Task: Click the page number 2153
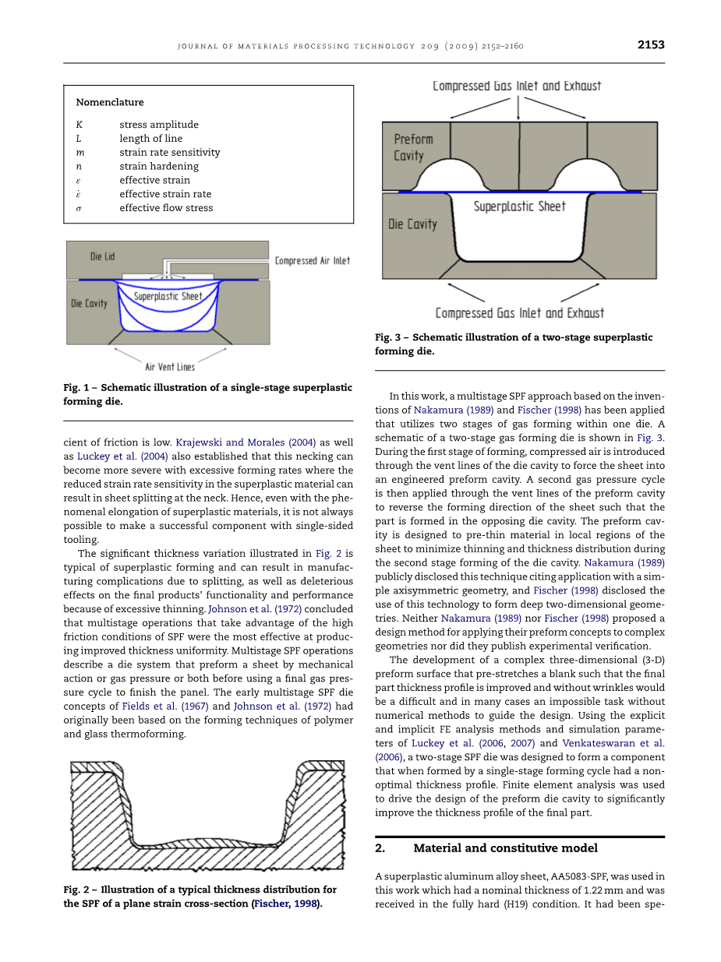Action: (650, 45)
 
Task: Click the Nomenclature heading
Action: (110, 102)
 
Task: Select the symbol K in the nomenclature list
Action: (79, 125)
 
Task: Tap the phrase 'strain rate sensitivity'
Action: (169, 153)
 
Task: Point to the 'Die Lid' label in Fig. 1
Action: (102, 256)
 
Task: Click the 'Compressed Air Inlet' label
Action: (312, 261)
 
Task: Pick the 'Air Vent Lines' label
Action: (170, 367)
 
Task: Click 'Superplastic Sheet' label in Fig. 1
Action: (168, 297)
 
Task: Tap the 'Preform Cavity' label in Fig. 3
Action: (413, 147)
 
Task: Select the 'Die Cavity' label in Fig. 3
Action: (412, 224)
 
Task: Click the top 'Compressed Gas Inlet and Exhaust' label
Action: (517, 86)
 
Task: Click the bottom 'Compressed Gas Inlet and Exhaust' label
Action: (519, 313)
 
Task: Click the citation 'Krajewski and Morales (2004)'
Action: (246, 442)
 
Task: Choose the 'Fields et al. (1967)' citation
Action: (165, 707)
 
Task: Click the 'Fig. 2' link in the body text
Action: (328, 553)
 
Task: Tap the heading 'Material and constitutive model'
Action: (505, 848)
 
